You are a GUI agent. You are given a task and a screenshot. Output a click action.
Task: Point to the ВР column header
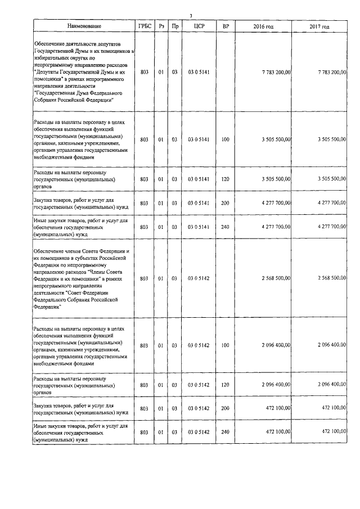point(226,26)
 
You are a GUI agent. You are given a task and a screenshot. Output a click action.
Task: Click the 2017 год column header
point(319,26)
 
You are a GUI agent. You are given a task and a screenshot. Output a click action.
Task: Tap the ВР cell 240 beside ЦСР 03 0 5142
point(226,431)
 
